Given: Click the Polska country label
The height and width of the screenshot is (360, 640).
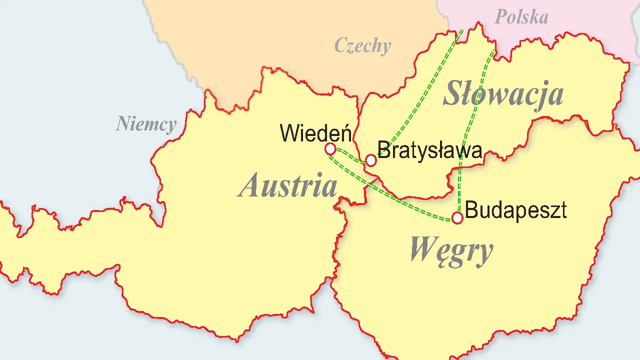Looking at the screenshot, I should [521, 17].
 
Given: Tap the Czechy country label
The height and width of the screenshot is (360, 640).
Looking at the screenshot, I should [362, 46].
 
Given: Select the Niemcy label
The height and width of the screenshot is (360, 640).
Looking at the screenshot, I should [146, 124].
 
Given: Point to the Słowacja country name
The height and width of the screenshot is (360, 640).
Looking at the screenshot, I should [503, 94].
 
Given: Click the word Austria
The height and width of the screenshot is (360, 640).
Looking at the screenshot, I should [288, 185].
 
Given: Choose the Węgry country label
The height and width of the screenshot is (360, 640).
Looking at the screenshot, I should [451, 249].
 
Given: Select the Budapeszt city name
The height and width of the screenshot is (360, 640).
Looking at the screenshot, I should [516, 210].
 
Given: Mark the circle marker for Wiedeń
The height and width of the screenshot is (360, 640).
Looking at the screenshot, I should [330, 149].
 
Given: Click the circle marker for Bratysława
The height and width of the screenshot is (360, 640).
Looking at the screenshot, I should [370, 160].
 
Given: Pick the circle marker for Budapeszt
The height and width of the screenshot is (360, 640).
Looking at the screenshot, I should [457, 217].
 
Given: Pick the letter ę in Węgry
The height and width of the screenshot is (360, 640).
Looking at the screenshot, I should [439, 251].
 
